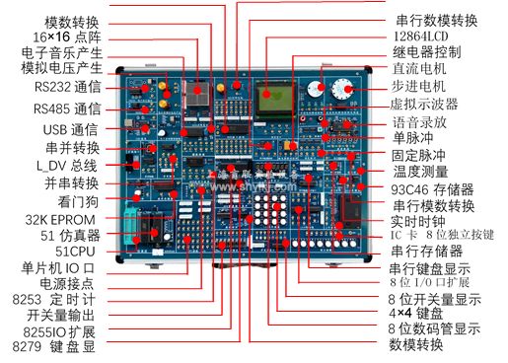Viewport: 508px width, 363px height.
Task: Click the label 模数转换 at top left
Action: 72,20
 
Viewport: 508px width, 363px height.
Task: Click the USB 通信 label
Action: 70,129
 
